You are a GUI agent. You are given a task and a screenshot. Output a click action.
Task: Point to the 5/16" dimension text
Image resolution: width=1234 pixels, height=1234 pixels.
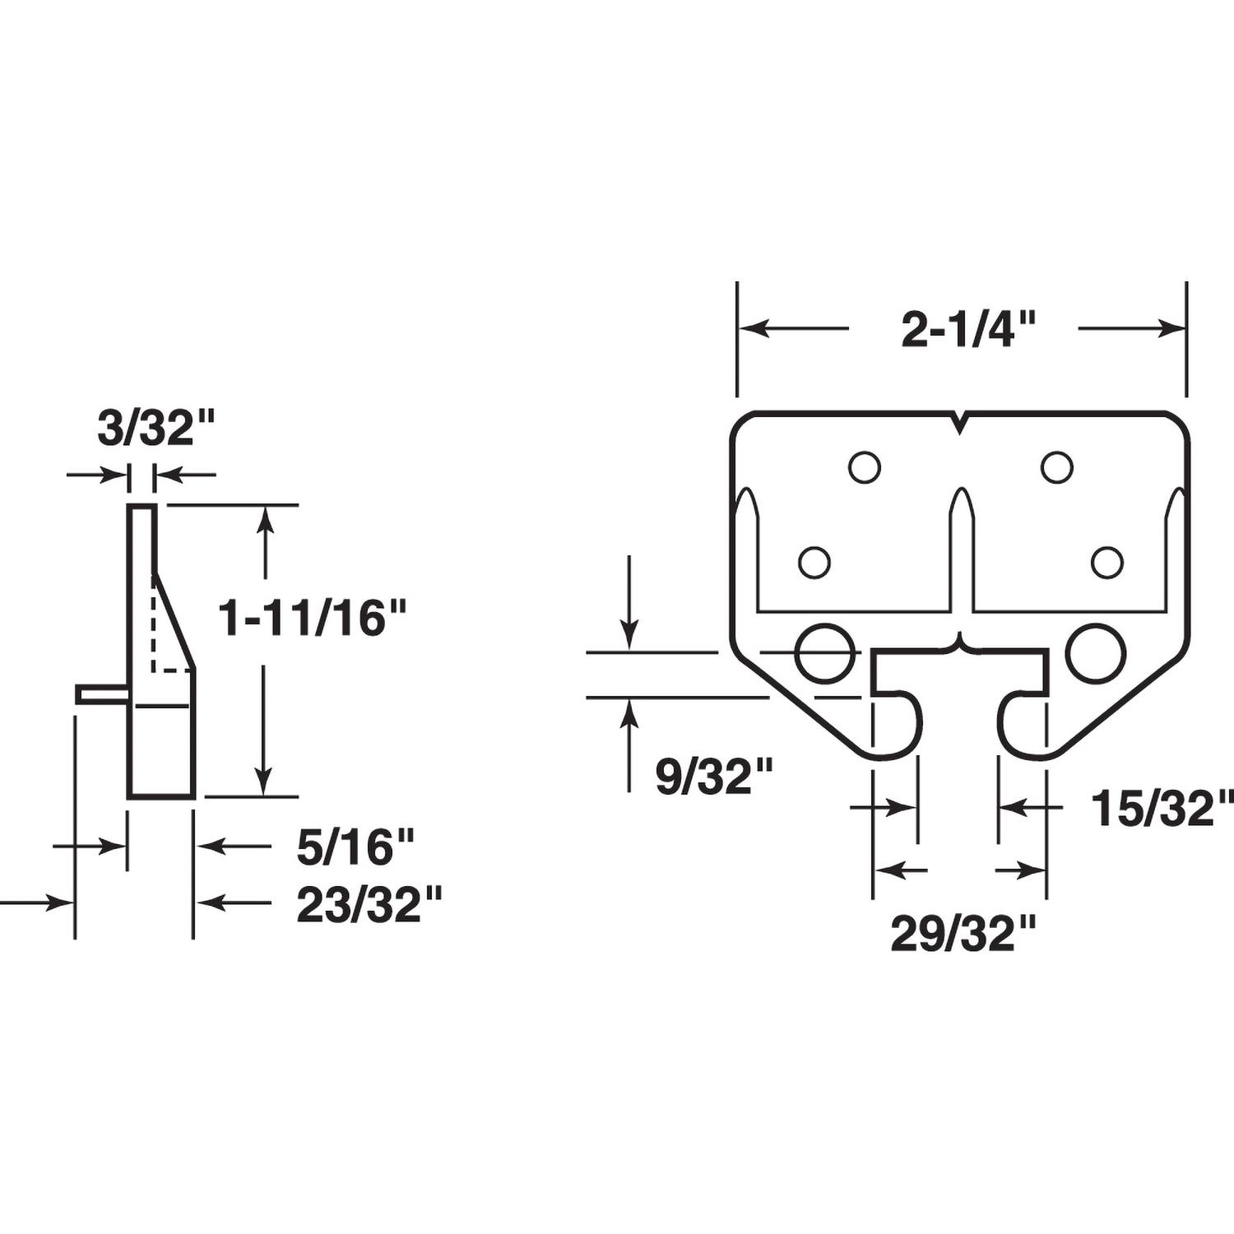[x=355, y=847]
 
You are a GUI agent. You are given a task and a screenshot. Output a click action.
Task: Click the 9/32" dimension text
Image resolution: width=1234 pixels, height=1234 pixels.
[x=714, y=777]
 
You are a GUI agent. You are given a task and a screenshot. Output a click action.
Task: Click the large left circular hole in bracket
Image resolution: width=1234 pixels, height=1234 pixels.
[x=823, y=653]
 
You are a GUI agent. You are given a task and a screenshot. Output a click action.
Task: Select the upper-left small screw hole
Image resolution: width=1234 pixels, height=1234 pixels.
[x=864, y=467]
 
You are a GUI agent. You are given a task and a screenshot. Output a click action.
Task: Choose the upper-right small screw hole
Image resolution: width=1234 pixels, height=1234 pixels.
[x=1056, y=467]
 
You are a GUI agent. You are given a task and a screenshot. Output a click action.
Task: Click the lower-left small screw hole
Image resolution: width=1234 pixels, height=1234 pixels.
[x=814, y=563]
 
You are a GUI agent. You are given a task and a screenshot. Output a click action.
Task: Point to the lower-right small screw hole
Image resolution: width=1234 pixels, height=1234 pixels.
[x=1106, y=563]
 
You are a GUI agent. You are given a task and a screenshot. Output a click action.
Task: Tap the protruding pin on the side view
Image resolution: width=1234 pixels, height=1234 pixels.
[x=101, y=694]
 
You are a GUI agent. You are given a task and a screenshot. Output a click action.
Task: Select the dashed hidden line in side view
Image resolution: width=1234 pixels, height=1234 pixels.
[x=155, y=625]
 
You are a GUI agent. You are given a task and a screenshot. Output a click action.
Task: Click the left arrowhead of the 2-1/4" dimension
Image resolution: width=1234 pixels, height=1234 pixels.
[x=752, y=329]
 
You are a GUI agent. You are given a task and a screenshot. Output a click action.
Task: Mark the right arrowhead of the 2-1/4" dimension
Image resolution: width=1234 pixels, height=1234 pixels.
[x=1171, y=329]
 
